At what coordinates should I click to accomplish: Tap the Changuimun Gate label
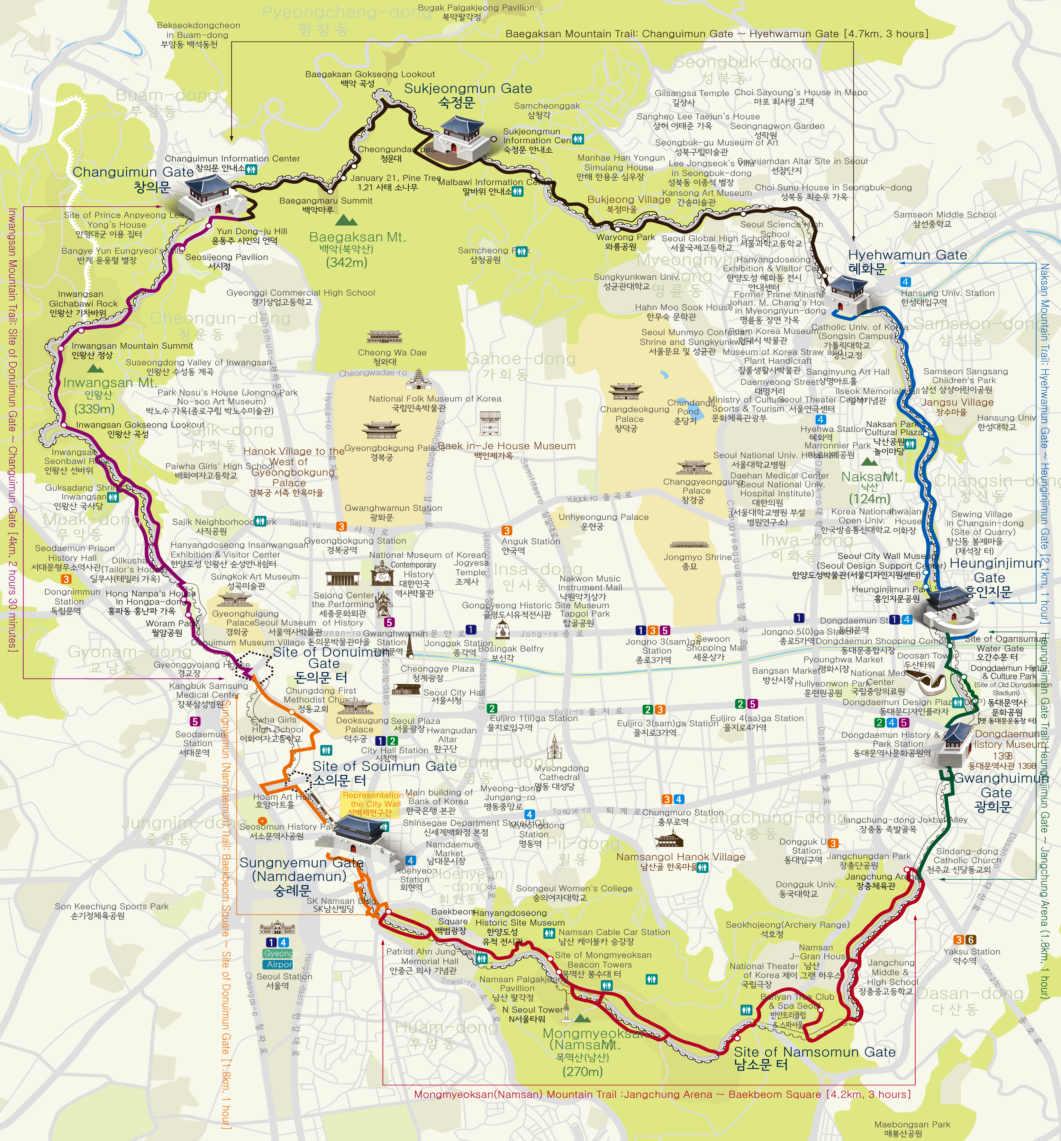(x=133, y=172)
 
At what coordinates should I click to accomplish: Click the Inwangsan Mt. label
(x=109, y=383)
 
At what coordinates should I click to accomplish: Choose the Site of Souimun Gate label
(x=384, y=766)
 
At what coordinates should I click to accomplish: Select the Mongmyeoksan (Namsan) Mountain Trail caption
(x=662, y=1094)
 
